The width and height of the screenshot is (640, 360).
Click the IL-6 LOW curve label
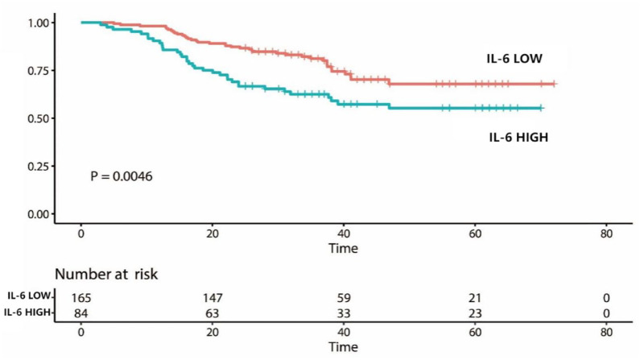tap(514, 58)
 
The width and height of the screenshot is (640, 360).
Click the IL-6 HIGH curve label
tap(518, 137)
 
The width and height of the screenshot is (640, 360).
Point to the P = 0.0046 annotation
tap(122, 176)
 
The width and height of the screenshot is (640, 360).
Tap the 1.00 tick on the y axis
tap(39, 23)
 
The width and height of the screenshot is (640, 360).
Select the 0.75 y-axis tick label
tap(39, 71)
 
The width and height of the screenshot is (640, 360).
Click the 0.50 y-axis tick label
tap(39, 118)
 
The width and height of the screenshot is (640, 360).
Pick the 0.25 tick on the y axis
tap(39, 166)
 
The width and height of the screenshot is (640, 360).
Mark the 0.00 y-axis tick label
tap(39, 214)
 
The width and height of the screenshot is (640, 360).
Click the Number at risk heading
tap(106, 274)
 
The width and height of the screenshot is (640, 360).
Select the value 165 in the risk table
tap(81, 298)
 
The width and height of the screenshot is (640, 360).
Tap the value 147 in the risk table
tap(213, 298)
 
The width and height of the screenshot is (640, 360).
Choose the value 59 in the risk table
tap(344, 298)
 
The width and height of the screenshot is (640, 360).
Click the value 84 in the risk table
tap(81, 313)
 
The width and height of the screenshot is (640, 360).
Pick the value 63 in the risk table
tap(213, 313)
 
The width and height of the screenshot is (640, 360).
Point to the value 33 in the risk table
tap(344, 313)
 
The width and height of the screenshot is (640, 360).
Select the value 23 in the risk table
tap(475, 313)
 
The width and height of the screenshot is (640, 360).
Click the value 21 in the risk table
tap(475, 298)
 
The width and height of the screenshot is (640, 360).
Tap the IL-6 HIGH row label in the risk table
tap(27, 312)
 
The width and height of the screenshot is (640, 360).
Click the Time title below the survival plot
tap(343, 248)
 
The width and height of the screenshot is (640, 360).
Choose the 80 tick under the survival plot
tap(606, 234)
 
